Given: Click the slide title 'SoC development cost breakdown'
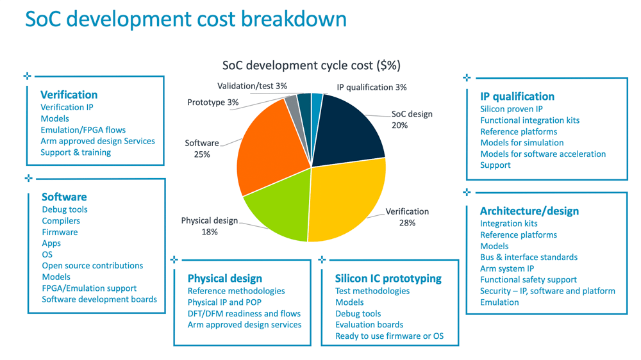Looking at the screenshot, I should (185, 19).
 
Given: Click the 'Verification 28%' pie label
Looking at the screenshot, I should (407, 217).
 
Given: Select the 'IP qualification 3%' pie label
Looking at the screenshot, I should (372, 87).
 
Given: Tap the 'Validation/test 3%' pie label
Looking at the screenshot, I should (252, 86).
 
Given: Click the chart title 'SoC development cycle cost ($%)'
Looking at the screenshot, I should (311, 65).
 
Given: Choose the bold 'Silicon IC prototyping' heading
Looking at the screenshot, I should (388, 279).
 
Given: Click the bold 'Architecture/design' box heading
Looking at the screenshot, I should (529, 211).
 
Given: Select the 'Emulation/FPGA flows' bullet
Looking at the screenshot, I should (83, 130).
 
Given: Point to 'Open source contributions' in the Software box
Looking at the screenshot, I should (92, 266).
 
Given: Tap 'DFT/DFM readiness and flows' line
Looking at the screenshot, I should (244, 314).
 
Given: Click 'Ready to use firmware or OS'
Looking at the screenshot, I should (389, 336).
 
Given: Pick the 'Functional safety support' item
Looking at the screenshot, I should (528, 280).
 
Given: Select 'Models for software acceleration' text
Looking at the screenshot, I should (542, 154).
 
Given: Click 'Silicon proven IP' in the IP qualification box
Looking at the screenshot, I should (511, 109).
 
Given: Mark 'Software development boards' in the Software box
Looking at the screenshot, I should (99, 299).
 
